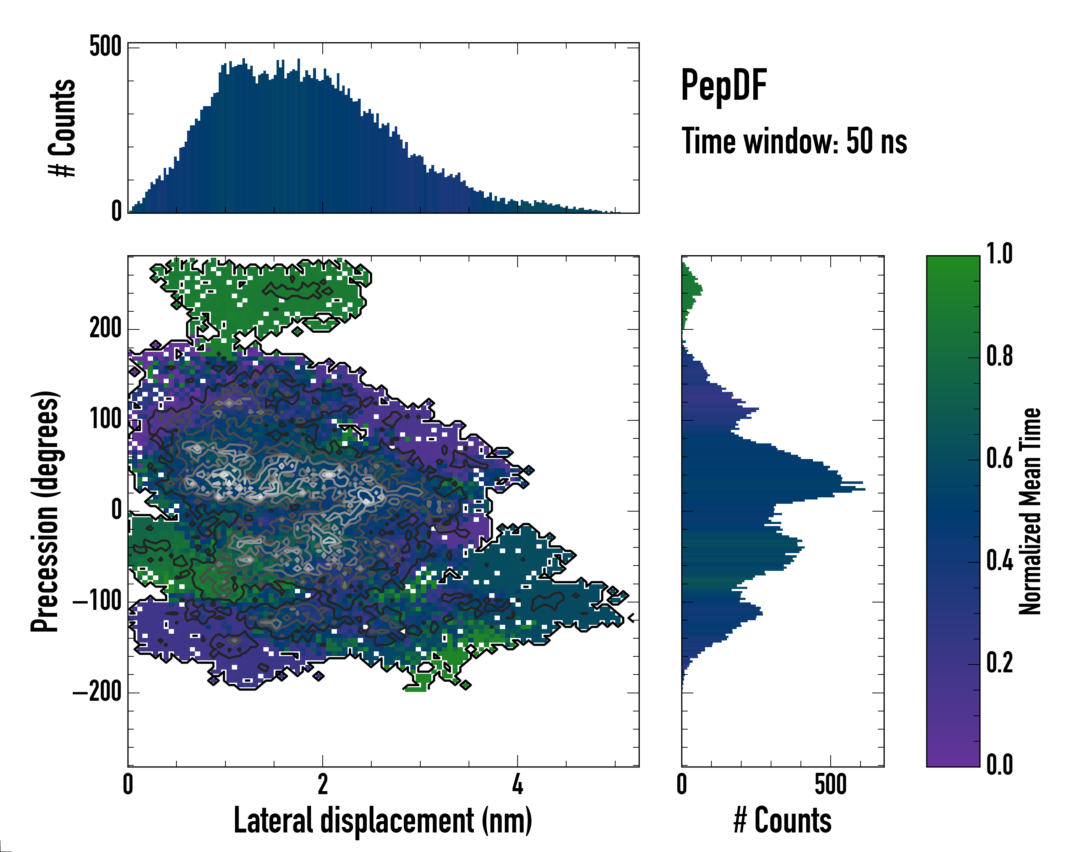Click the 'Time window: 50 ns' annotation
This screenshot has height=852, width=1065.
pyautogui.click(x=794, y=141)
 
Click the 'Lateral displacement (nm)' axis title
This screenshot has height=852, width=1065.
pyautogui.click(x=383, y=820)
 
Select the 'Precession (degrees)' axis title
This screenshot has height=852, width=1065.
pyautogui.click(x=45, y=511)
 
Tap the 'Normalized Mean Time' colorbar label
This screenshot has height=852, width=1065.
pyautogui.click(x=1030, y=511)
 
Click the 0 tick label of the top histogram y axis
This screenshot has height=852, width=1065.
pyautogui.click(x=116, y=211)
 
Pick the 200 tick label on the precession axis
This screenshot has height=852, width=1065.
pyautogui.click(x=105, y=328)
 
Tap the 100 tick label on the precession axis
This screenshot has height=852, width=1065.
pyautogui.click(x=105, y=419)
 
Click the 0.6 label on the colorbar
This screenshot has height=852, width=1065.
pyautogui.click(x=999, y=458)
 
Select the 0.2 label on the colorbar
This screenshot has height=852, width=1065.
pyautogui.click(x=999, y=662)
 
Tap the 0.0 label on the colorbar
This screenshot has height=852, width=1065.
pyautogui.click(x=999, y=765)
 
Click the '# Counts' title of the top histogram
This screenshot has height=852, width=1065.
pyautogui.click(x=62, y=127)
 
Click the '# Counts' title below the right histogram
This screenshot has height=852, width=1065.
pyautogui.click(x=782, y=820)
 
